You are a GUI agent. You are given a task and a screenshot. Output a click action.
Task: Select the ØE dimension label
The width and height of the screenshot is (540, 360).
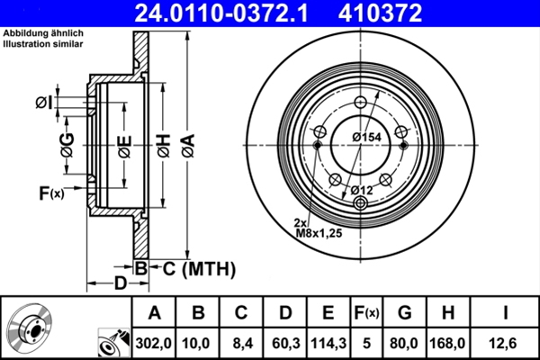point(124,144)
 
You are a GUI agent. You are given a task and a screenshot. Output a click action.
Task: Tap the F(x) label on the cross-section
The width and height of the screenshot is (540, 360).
point(51,193)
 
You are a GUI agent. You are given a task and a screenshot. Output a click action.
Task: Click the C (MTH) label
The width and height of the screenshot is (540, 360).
point(199,267)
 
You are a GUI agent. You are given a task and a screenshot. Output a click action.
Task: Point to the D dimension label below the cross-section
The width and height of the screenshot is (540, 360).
point(120,284)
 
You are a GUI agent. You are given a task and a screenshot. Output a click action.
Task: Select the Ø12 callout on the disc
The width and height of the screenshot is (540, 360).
point(362,189)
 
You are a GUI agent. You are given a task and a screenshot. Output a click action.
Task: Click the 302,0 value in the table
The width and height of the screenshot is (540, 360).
point(154,343)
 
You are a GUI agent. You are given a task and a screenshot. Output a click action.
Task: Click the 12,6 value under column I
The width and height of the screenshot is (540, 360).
point(508,343)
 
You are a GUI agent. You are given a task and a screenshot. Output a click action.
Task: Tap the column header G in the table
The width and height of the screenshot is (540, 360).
point(403,313)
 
